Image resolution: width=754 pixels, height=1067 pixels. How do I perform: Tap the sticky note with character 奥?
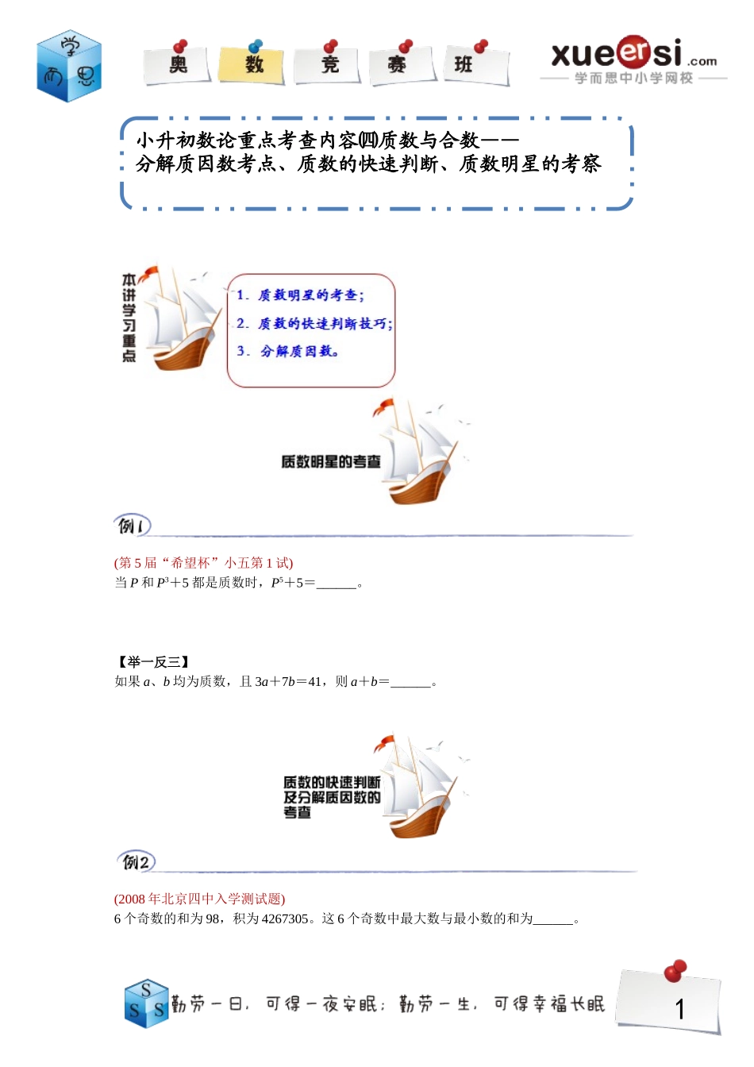(x=177, y=64)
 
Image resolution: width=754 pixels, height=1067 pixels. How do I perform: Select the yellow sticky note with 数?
(x=252, y=64)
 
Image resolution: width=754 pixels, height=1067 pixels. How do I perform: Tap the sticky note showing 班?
(x=475, y=64)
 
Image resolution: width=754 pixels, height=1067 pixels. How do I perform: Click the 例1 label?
(x=132, y=526)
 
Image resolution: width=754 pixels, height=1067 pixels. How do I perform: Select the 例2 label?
(x=136, y=861)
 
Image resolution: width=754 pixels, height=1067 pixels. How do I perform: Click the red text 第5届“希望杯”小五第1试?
(x=204, y=563)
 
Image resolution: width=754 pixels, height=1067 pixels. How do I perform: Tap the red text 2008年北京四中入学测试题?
(x=199, y=899)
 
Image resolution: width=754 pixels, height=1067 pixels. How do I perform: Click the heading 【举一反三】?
(x=152, y=661)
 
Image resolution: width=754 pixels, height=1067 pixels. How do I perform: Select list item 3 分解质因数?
(x=289, y=351)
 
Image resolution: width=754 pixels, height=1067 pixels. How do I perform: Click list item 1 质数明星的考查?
(x=301, y=295)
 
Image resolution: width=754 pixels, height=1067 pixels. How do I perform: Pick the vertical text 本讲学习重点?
(x=129, y=318)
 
